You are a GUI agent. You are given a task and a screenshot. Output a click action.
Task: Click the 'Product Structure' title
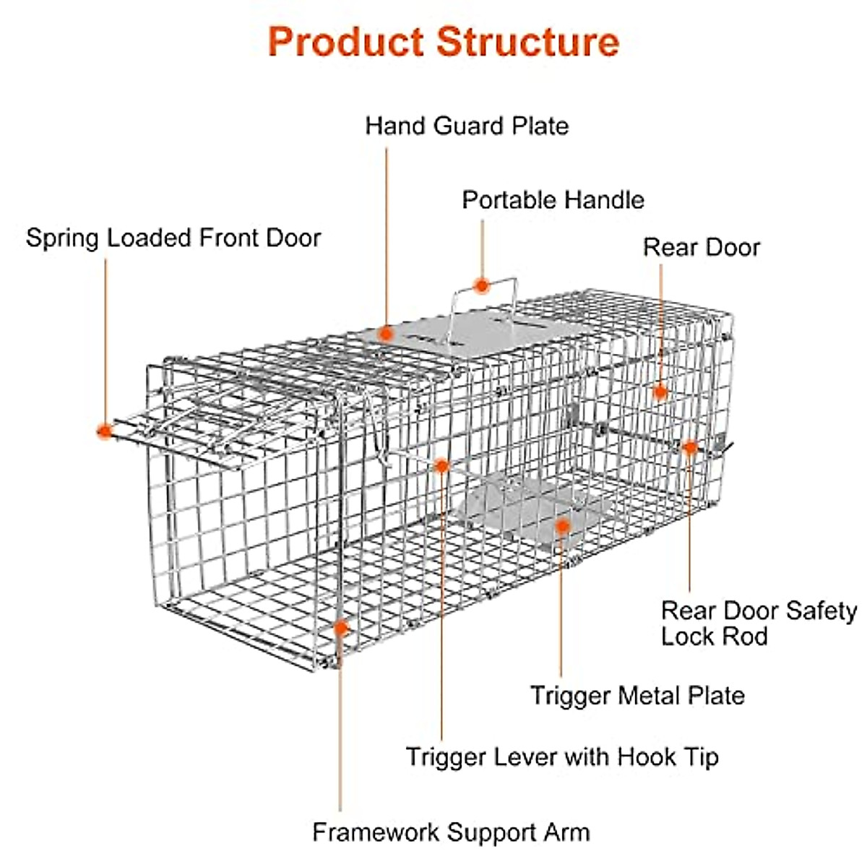[444, 41]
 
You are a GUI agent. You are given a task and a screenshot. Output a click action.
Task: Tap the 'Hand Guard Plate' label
[467, 126]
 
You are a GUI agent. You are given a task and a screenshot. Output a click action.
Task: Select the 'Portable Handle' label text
[553, 200]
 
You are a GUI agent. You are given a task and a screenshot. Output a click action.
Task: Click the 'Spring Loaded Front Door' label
[173, 238]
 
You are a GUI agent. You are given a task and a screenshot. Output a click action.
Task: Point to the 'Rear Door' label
[702, 248]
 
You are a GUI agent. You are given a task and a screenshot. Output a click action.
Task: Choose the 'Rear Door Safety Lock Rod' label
[758, 624]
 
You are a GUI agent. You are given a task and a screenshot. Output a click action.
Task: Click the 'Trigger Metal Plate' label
[637, 696]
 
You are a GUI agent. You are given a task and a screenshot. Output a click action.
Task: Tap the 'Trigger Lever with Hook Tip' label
[562, 757]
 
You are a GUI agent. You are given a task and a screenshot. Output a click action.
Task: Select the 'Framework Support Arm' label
[451, 832]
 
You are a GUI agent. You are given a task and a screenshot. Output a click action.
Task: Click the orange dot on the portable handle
[482, 286]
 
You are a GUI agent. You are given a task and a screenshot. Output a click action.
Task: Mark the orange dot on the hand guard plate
[387, 333]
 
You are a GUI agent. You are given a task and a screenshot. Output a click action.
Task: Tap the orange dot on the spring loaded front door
[105, 431]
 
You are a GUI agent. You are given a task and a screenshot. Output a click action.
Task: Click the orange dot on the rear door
[660, 392]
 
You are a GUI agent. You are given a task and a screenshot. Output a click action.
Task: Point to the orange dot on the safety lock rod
[690, 447]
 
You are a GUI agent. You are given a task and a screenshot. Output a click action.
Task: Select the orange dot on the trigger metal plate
[562, 526]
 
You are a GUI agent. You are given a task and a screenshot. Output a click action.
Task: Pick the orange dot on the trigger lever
[441, 466]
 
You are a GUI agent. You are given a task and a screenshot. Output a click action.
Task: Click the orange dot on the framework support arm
[340, 627]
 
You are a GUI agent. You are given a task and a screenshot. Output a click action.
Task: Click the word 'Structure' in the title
[527, 41]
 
